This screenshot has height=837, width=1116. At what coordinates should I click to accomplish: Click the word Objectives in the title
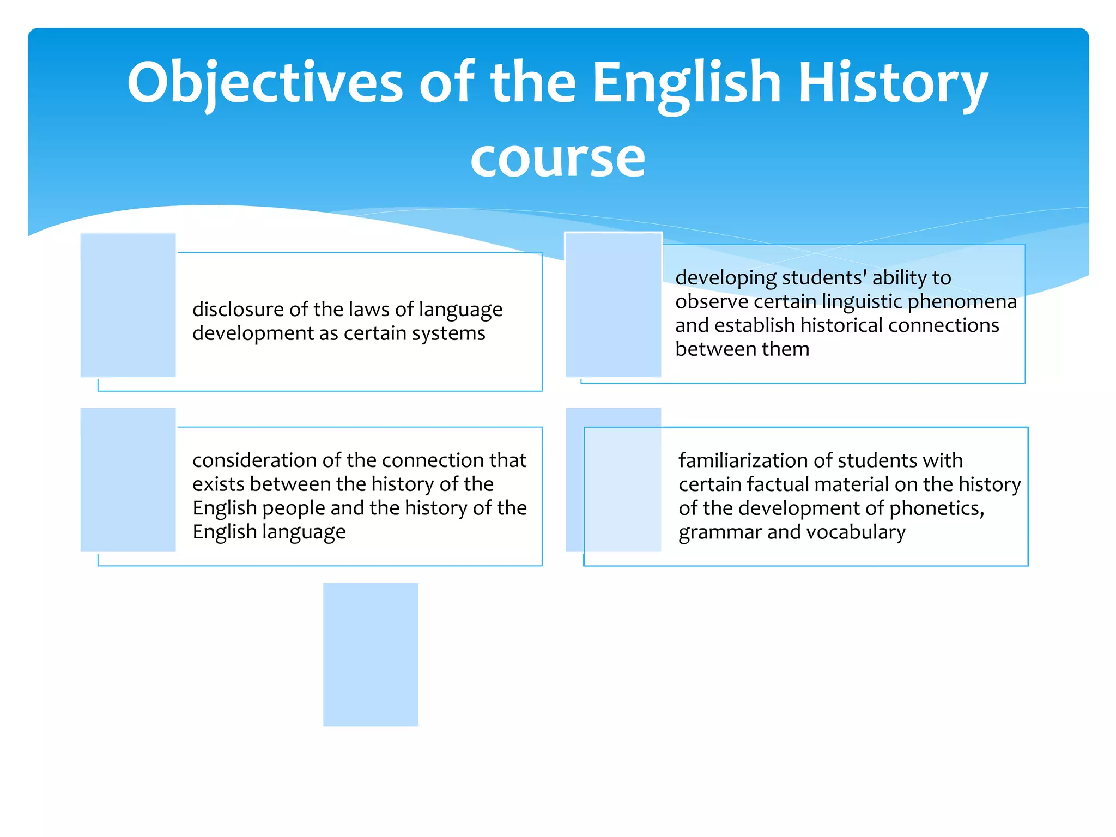(x=265, y=83)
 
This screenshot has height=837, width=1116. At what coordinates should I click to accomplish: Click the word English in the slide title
(x=687, y=83)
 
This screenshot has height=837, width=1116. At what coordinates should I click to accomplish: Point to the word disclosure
(x=238, y=310)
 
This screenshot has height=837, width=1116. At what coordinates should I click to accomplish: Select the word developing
(x=725, y=278)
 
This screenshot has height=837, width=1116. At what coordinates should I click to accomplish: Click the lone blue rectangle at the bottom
(x=371, y=654)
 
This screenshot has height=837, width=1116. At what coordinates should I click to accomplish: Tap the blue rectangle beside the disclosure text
(x=128, y=305)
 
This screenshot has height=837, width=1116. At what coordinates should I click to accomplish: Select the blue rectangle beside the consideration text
(x=128, y=480)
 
